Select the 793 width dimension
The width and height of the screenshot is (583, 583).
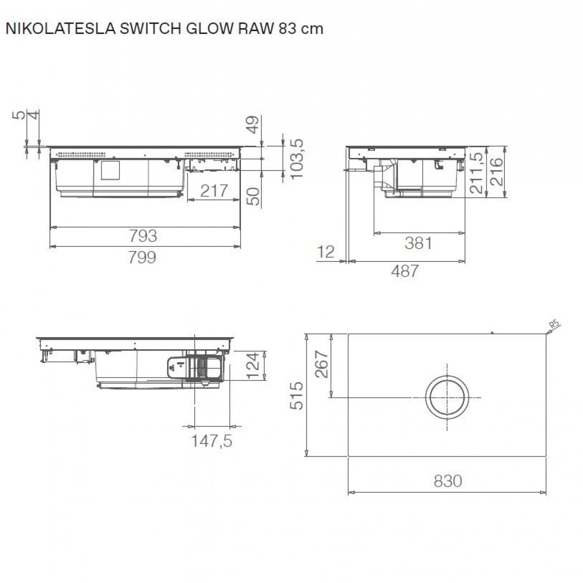tap(143, 236)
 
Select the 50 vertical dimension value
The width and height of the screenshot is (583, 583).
tap(253, 196)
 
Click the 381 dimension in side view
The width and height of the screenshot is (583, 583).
tap(418, 242)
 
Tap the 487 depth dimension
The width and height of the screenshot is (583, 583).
tap(405, 271)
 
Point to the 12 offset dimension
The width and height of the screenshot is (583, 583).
tap(326, 252)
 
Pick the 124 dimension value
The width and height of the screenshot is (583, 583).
tap(253, 367)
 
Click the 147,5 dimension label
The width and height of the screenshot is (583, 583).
tap(212, 441)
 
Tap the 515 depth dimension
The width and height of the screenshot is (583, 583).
tap(297, 395)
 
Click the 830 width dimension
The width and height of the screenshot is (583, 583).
tap(447, 481)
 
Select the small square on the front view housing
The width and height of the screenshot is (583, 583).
tap(109, 170)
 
